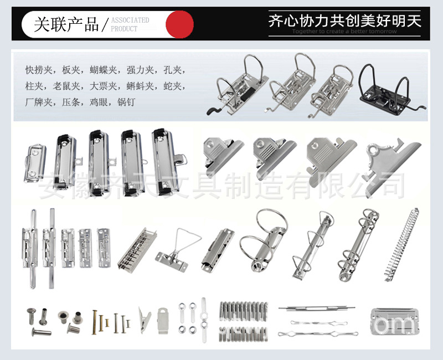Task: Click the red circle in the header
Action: click(x=180, y=24)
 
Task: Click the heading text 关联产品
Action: click(x=66, y=24)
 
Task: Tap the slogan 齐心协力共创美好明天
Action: click(x=344, y=21)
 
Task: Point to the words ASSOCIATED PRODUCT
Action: click(x=130, y=24)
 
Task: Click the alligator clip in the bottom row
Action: click(x=145, y=321)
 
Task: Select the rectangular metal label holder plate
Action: click(x=394, y=321)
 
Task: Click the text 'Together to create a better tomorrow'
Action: click(x=344, y=32)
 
